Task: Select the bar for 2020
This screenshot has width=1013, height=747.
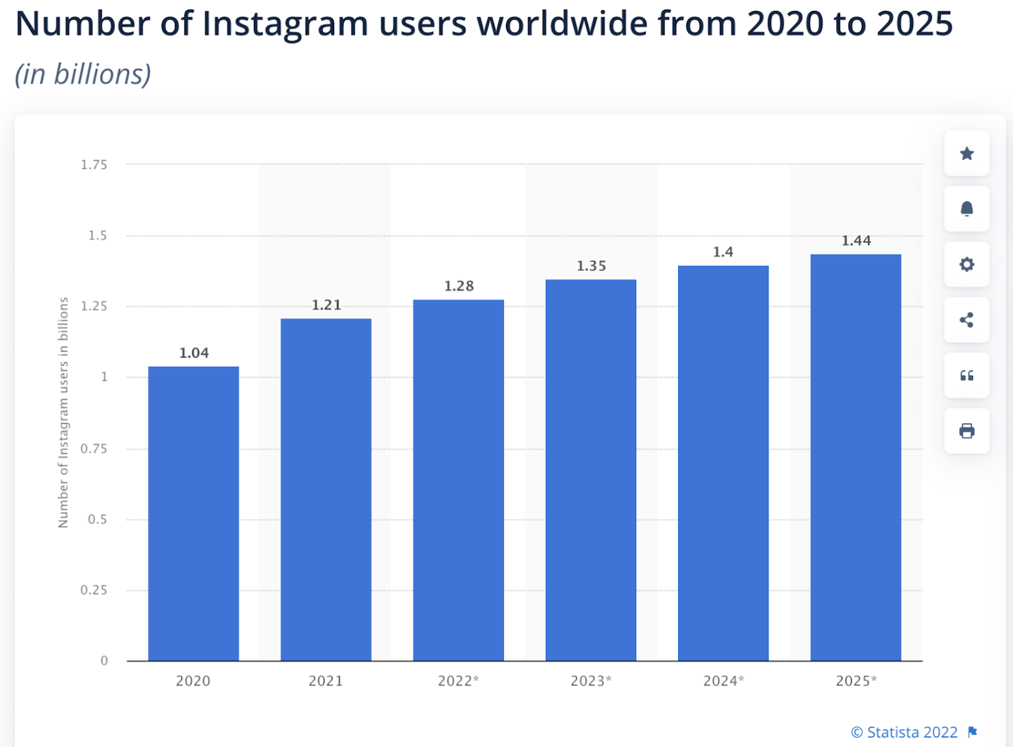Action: [x=193, y=513]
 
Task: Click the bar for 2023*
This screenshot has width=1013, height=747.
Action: [x=591, y=469]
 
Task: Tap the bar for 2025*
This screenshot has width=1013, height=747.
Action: [x=856, y=457]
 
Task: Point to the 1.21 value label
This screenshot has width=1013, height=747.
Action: [x=326, y=305]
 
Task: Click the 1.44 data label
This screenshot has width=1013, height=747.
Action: [x=856, y=241]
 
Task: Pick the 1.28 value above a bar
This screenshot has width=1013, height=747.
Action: [x=459, y=286]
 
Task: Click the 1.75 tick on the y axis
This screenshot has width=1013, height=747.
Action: [x=94, y=165]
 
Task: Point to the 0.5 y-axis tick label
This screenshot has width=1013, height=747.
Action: [x=97, y=519]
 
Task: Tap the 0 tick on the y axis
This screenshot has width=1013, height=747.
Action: [x=104, y=661]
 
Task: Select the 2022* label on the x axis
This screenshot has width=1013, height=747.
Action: [x=458, y=681]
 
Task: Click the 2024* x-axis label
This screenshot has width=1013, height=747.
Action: [x=723, y=681]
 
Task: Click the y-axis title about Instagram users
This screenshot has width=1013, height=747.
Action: [x=63, y=412]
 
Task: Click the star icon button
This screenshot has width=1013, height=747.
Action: [x=966, y=154]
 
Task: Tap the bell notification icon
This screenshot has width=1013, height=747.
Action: [x=966, y=209]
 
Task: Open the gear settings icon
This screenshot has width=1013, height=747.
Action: [x=966, y=265]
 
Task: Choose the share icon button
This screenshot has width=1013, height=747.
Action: [x=966, y=320]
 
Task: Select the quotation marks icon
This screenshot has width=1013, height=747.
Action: [x=966, y=376]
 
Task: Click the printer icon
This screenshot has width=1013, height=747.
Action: [x=966, y=431]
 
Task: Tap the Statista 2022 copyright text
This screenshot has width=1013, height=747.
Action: [x=905, y=732]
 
